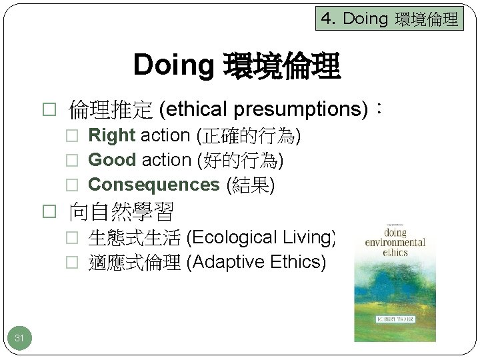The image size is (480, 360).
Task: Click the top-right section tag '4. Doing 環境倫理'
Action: click(389, 19)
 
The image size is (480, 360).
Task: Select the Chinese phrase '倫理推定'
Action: click(111, 109)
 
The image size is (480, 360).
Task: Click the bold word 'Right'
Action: click(111, 135)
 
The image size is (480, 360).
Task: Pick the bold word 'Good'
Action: click(111, 160)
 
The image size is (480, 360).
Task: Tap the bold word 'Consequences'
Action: click(153, 185)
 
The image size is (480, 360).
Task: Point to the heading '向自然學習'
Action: click(122, 212)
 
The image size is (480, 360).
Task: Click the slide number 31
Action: click(19, 339)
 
